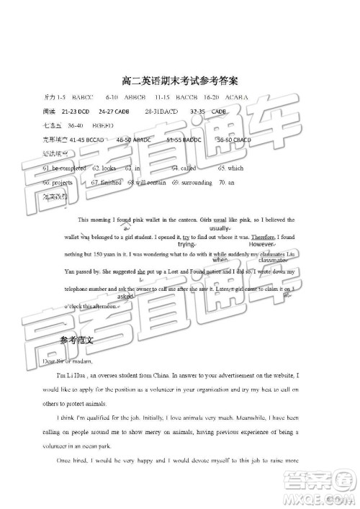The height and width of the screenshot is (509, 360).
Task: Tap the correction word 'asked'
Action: click(x=125, y=296)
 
